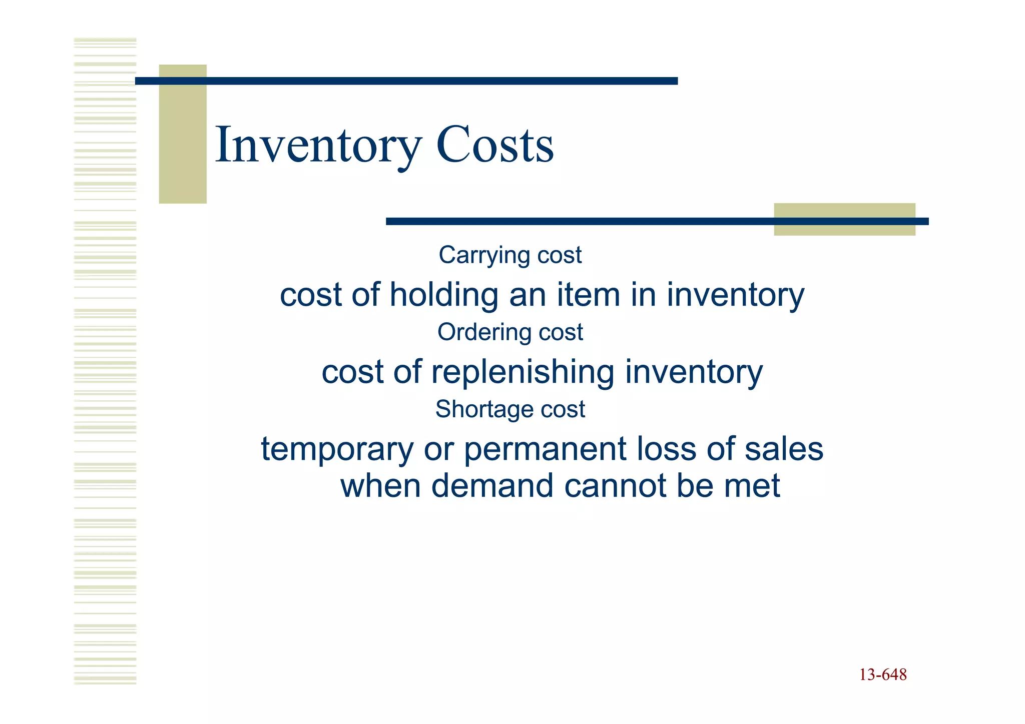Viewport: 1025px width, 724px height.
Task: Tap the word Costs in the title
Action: click(x=495, y=145)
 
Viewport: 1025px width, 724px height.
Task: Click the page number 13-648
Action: click(x=883, y=675)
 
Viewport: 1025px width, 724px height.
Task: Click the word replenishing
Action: click(x=523, y=372)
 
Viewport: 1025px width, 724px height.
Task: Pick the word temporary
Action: click(x=337, y=449)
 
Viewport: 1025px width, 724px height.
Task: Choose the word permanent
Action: click(x=545, y=449)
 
